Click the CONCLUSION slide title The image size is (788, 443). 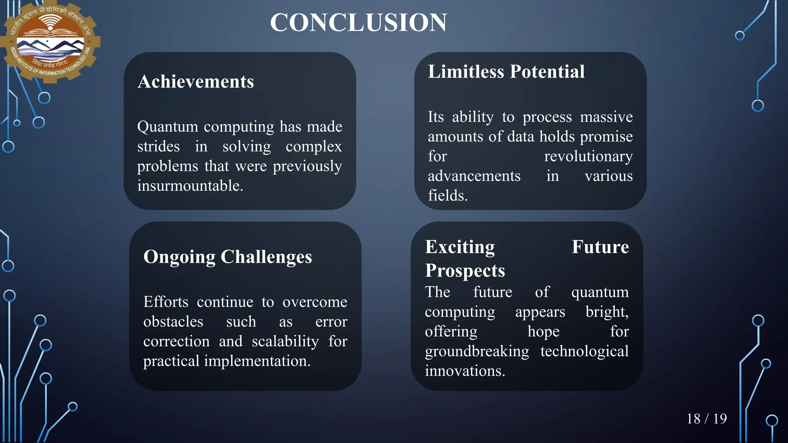(x=358, y=22)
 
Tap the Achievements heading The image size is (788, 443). (x=195, y=82)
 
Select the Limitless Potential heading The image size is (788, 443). (x=506, y=72)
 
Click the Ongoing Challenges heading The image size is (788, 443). (x=227, y=257)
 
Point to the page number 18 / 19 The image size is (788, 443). (x=706, y=419)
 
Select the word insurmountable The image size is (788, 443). (x=190, y=186)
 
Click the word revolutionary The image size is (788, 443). (x=588, y=157)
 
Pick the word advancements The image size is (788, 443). (x=474, y=176)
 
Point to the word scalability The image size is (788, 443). (x=285, y=341)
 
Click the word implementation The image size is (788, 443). (x=257, y=361)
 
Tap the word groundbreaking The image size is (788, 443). (x=477, y=351)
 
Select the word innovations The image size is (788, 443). (x=464, y=371)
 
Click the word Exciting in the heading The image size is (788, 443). (x=460, y=247)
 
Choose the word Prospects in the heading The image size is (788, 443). (x=465, y=271)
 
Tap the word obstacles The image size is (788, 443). (x=173, y=322)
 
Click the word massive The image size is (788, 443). (x=606, y=117)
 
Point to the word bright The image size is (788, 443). (x=607, y=312)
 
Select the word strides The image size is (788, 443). (x=159, y=147)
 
